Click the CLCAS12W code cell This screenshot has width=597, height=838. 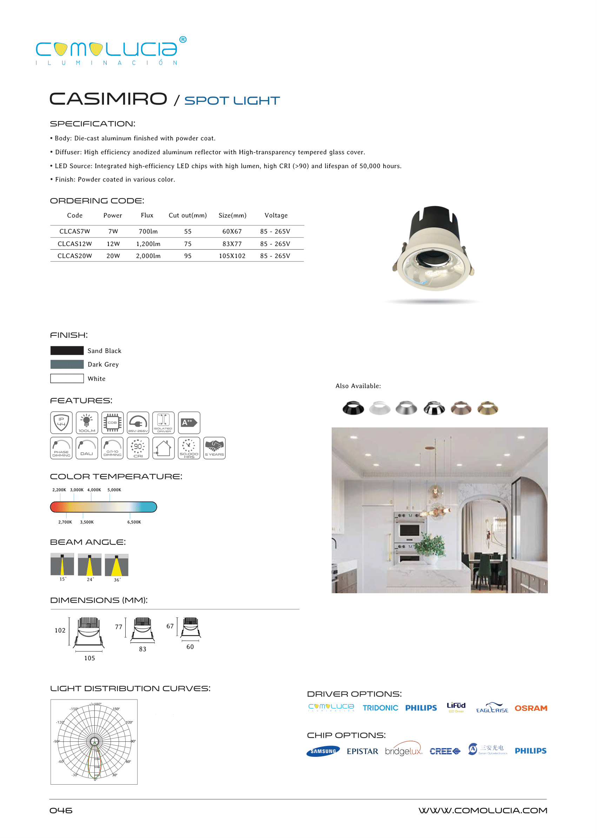point(75,244)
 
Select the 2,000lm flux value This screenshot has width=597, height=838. point(148,256)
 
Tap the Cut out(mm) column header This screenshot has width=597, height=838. point(187,216)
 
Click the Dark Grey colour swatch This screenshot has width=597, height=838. point(67,365)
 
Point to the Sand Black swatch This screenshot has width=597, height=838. point(67,351)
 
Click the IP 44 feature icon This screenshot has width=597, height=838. point(61,423)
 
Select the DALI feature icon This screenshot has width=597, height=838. point(87,448)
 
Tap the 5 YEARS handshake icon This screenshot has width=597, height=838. point(214,448)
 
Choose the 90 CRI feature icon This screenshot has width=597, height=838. point(138,448)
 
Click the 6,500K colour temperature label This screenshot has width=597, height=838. point(134,522)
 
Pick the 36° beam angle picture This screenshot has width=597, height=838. point(117,565)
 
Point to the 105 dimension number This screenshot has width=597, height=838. point(90,659)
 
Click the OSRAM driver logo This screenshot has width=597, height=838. point(531,708)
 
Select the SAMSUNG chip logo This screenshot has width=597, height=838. point(323,751)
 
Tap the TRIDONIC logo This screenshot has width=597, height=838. point(380,708)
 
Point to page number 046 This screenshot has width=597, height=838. point(61,811)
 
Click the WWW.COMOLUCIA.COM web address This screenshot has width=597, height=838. point(483,811)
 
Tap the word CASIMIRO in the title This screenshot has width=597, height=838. point(108,99)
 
